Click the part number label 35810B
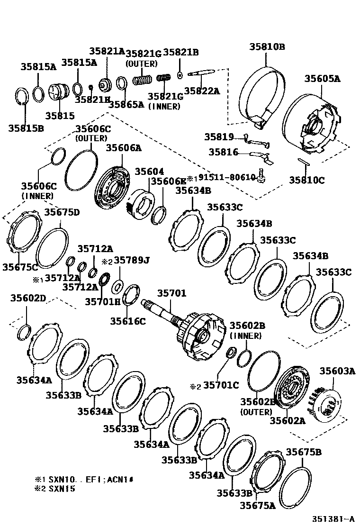pyautogui.click(x=267, y=46)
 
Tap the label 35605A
pyautogui.click(x=322, y=79)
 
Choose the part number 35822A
pyautogui.click(x=202, y=91)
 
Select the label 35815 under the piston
pyautogui.click(x=60, y=115)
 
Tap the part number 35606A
pyautogui.click(x=123, y=148)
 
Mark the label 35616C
pyautogui.click(x=128, y=321)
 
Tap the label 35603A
pyautogui.click(x=337, y=371)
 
